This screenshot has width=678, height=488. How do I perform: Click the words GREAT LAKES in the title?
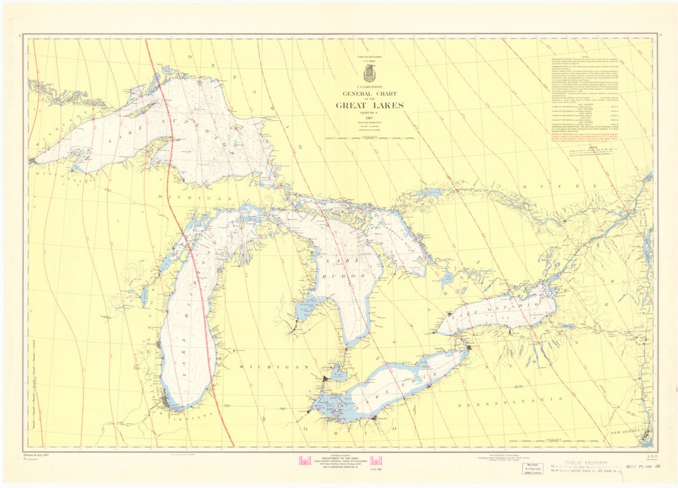coord(369,105)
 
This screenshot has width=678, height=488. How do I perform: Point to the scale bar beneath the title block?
coord(369,137)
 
